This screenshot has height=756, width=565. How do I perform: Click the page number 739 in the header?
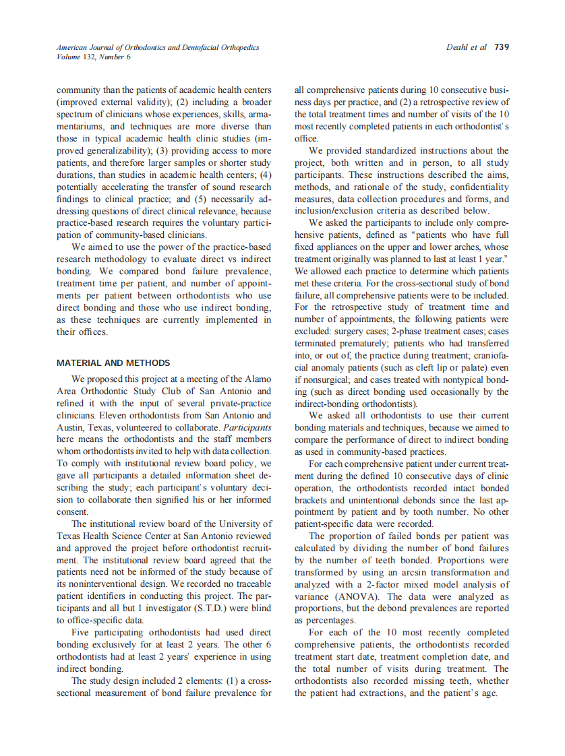point(502,47)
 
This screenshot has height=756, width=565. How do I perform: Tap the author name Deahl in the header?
point(458,47)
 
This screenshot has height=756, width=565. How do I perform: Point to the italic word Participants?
point(247,427)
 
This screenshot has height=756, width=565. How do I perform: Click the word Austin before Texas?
point(71,427)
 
